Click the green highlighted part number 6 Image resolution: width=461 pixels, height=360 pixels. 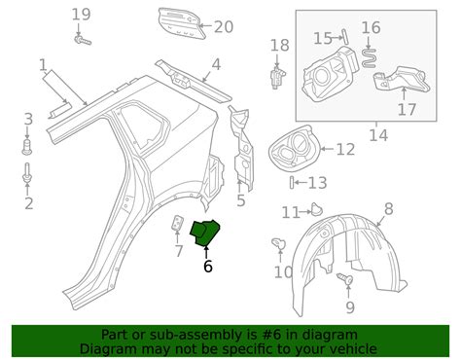coord(206,234)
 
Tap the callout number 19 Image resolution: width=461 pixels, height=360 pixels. coord(81,15)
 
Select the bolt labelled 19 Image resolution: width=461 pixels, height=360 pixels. coord(82,40)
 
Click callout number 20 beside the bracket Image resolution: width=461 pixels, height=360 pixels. coord(224,27)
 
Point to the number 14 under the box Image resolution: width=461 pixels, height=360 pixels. coord(377,136)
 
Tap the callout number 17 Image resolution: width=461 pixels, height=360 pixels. coord(406,110)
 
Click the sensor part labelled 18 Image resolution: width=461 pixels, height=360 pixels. coord(276,75)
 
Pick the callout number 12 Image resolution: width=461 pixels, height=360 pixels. coord(345,150)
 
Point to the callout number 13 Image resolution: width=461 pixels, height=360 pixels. coord(317,183)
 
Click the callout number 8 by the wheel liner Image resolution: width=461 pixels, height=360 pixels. coord(388,208)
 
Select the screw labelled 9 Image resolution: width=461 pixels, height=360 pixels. coord(343,279)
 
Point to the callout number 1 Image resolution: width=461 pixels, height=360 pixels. coord(43,66)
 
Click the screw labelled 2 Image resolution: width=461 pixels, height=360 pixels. coord(27,179)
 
